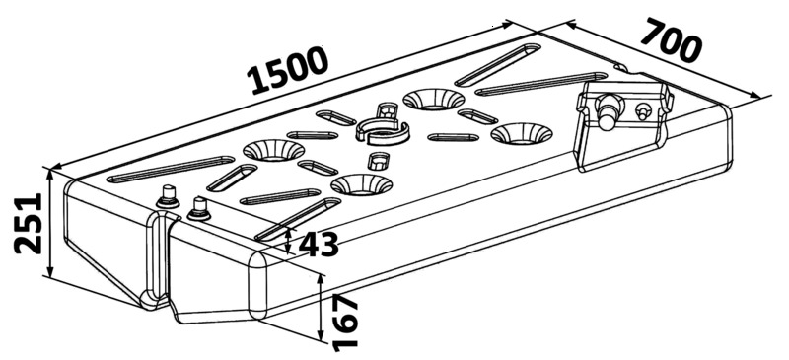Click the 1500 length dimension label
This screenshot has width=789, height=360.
pyautogui.click(x=288, y=70)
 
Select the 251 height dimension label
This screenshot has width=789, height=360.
pyautogui.click(x=29, y=223)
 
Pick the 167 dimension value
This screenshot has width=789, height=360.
pyautogui.click(x=345, y=324)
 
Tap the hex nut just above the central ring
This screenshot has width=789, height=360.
pyautogui.click(x=387, y=110)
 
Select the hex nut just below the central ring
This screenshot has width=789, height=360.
pyautogui.click(x=379, y=162)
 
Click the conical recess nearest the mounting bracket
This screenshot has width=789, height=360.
pyautogui.click(x=522, y=133)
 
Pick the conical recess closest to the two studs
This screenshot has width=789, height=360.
pyautogui.click(x=274, y=150)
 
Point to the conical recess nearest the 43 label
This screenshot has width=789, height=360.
pyautogui.click(x=361, y=184)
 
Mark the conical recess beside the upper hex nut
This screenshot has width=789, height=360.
pyautogui.click(x=434, y=100)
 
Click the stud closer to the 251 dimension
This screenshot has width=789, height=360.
pyautogui.click(x=168, y=196)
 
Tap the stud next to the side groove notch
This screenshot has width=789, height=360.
pyautogui.click(x=199, y=208)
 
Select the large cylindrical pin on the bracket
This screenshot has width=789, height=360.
pyautogui.click(x=608, y=110)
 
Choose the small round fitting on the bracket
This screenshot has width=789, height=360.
pyautogui.click(x=643, y=110)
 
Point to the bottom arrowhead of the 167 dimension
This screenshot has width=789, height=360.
pyautogui.click(x=320, y=335)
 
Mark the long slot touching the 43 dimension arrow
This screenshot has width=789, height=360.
pyautogui.click(x=299, y=219)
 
